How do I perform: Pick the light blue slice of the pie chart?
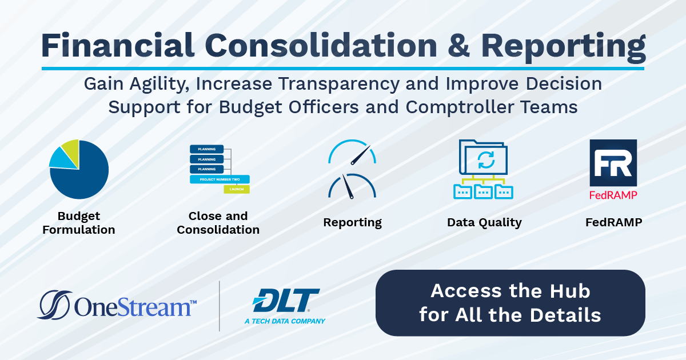coord(58,158)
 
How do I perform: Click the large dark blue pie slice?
coord(83,174)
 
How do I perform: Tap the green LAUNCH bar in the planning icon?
coord(237,189)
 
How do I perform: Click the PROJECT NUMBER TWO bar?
coord(220,179)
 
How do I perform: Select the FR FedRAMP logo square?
coord(613,163)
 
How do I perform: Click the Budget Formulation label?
coord(78,223)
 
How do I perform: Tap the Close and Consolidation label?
coord(218,223)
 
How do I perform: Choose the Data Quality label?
coord(484,222)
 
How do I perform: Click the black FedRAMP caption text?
coord(613,222)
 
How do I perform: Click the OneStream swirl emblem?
coord(54,305)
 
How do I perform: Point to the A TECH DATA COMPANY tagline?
coord(285,321)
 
